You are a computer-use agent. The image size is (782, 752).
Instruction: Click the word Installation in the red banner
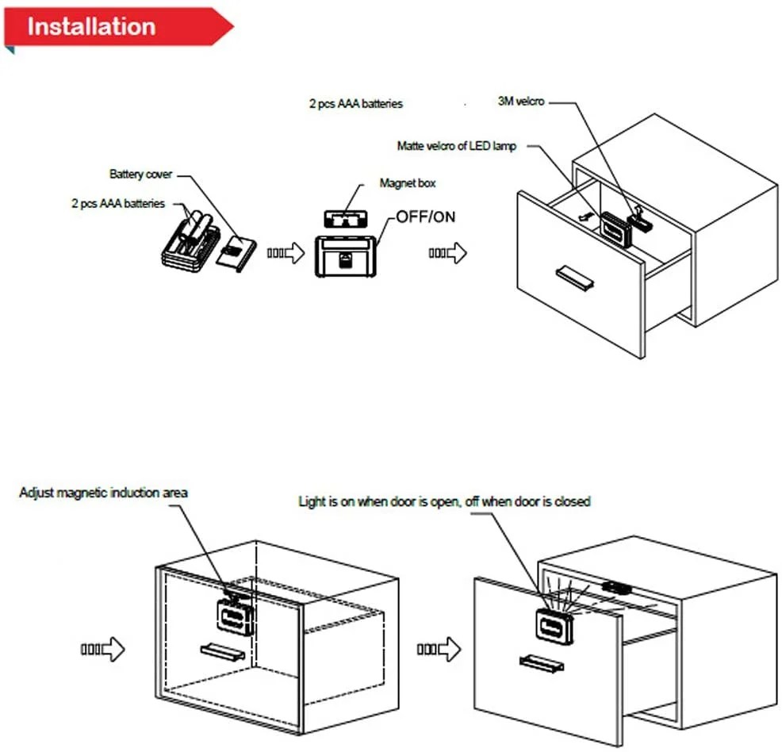91,26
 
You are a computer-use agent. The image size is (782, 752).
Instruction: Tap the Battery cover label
140,174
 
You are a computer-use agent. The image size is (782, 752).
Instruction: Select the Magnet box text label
408,183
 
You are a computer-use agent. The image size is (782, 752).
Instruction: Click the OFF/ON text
426,216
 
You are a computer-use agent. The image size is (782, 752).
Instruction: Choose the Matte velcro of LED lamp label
456,146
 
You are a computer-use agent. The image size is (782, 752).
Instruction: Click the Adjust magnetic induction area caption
103,493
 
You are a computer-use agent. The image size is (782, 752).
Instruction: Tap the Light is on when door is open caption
444,501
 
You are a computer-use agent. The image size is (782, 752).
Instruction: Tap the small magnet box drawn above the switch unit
346,217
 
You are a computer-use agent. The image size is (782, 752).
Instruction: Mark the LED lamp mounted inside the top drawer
615,228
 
